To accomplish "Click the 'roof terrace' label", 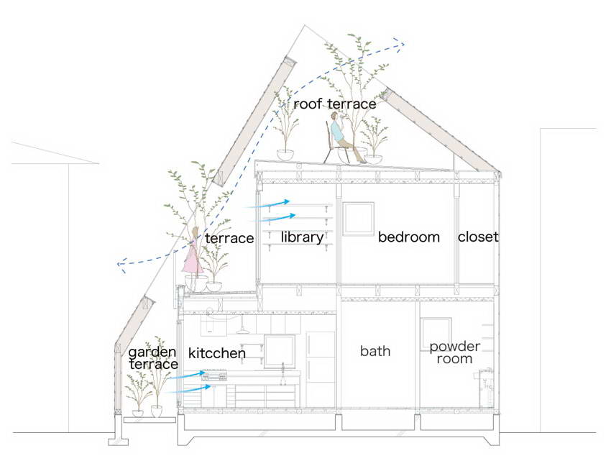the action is (335, 104).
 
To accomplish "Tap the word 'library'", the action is (303, 237).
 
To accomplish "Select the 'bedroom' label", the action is (409, 237).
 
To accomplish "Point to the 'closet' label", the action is (478, 237).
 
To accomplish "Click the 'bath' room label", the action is (375, 351).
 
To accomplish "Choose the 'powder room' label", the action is (454, 352).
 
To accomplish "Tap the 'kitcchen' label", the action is (216, 353).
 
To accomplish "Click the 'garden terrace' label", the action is (152, 358).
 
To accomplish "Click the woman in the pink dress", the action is (193, 252).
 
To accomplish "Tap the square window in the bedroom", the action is (359, 219).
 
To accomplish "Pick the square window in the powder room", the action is (436, 334).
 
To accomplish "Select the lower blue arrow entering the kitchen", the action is (188, 388).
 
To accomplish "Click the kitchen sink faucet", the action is (283, 368).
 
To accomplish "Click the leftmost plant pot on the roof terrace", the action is (285, 155).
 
